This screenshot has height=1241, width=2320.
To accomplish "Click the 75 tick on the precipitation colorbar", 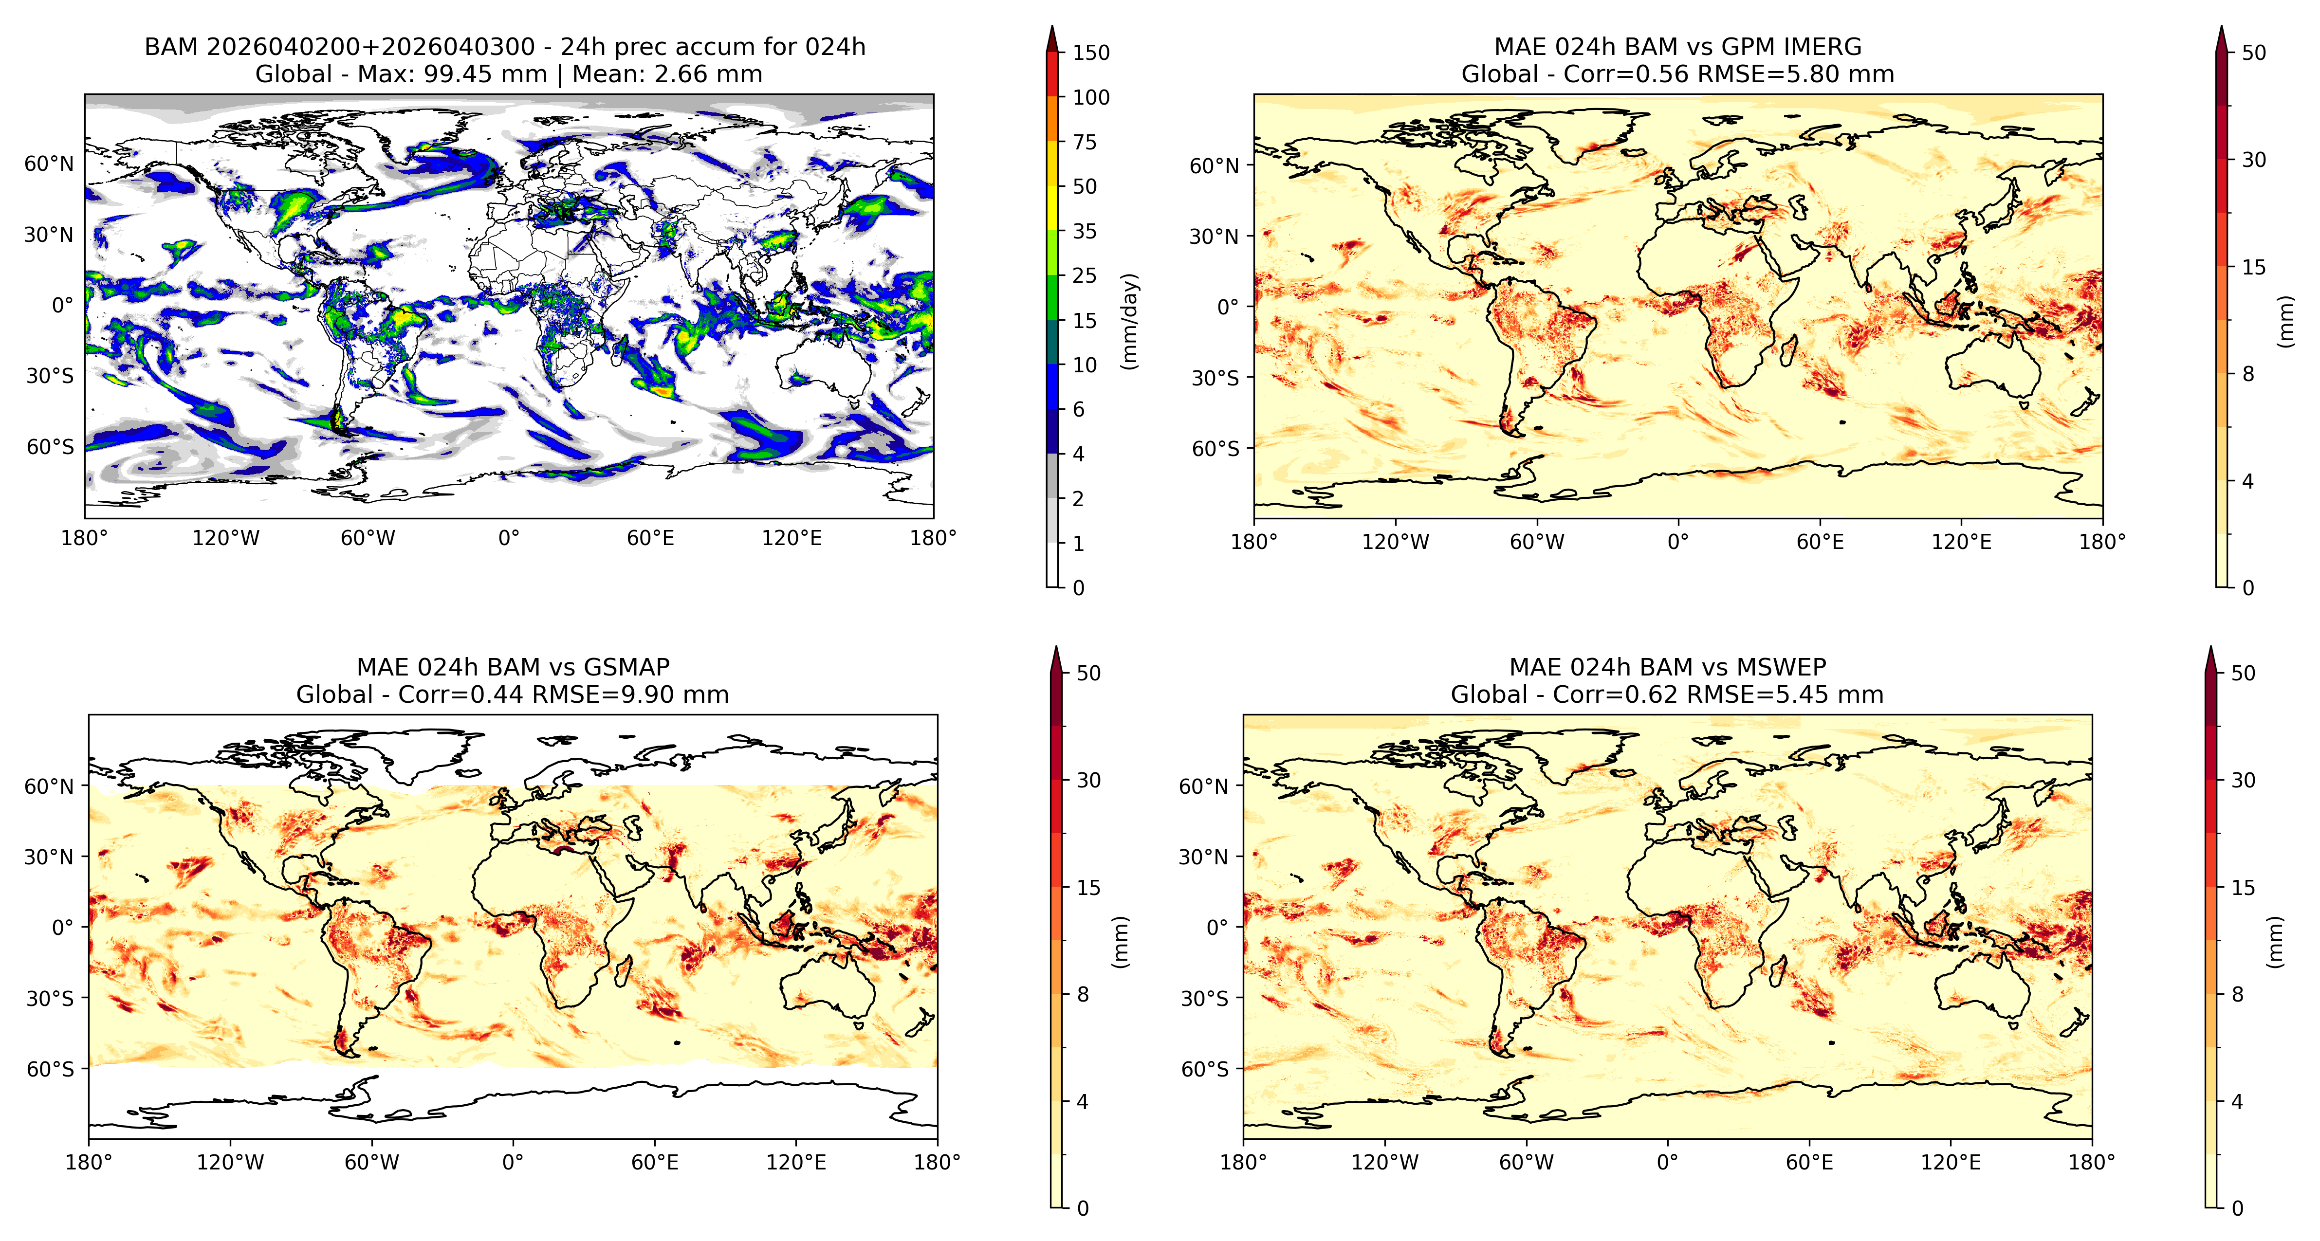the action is tap(1085, 142).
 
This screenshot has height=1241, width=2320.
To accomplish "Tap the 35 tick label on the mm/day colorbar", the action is tap(1085, 232).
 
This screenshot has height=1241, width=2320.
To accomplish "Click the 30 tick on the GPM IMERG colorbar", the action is tap(2253, 160).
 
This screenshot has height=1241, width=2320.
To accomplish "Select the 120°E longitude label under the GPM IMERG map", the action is tap(1962, 542).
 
